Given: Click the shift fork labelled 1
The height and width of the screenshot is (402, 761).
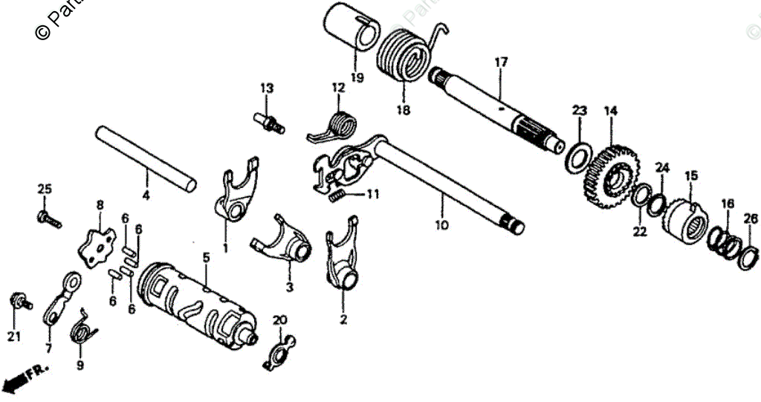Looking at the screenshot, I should pos(235,194).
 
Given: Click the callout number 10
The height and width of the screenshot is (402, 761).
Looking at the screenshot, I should pos(442,225).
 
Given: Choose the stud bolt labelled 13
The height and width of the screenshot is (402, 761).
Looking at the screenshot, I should pos(270,120).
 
